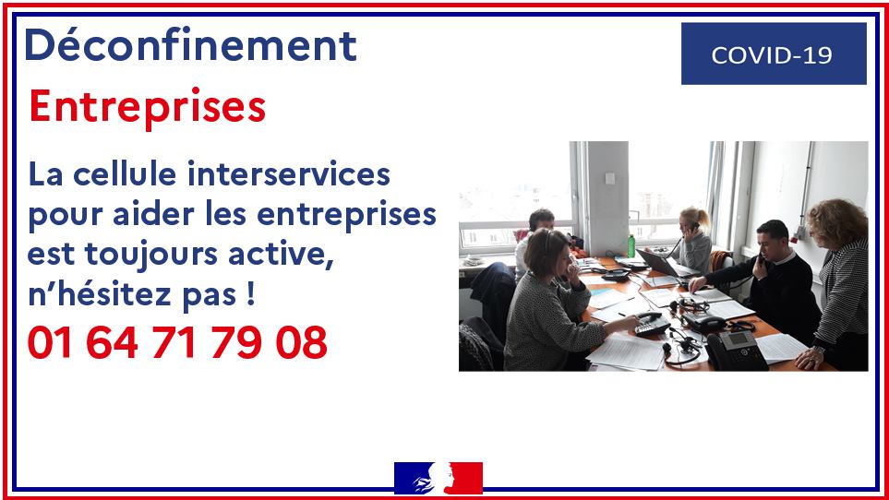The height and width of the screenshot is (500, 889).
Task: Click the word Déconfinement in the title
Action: click(190, 44)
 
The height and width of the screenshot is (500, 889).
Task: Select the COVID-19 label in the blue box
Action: click(772, 55)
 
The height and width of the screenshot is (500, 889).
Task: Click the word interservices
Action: click(289, 173)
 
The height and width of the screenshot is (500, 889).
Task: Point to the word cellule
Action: click(125, 173)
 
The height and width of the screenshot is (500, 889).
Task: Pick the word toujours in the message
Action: click(150, 255)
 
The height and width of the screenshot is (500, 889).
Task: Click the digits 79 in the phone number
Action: click(236, 342)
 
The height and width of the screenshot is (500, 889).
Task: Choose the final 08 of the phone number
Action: click(302, 342)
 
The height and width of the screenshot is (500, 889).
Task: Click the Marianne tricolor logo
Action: click(438, 478)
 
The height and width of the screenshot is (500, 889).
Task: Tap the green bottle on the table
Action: click(631, 245)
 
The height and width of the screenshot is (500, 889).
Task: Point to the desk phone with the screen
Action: click(737, 351)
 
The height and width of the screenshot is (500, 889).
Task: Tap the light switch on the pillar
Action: click(609, 178)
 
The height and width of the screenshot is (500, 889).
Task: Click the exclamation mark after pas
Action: click(251, 294)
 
